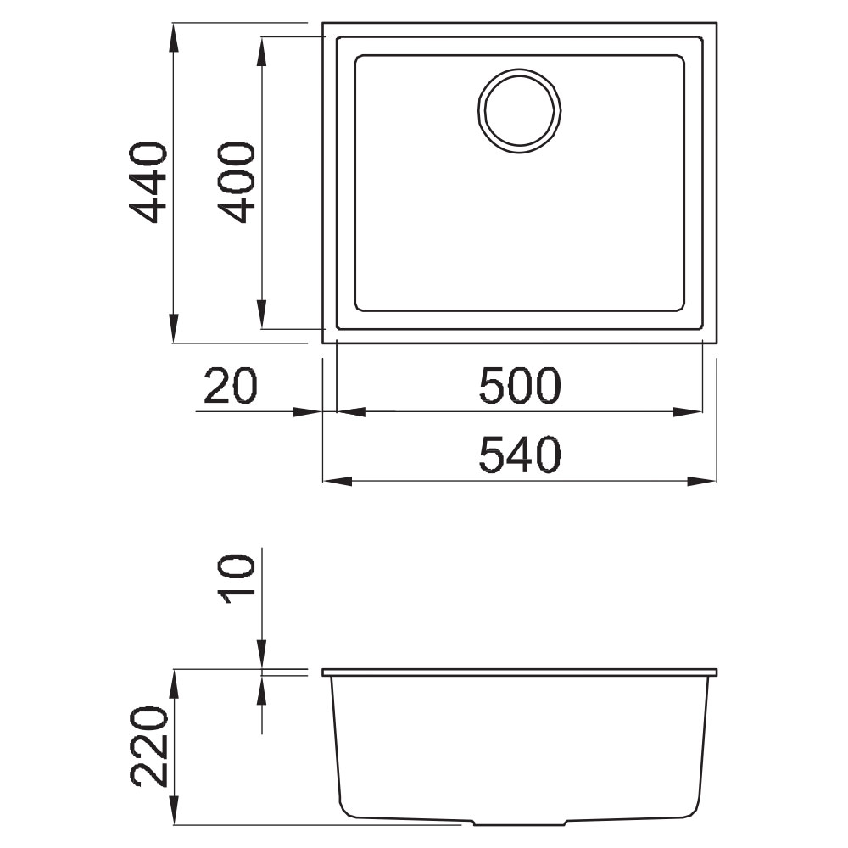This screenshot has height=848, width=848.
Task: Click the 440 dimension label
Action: [x=148, y=183]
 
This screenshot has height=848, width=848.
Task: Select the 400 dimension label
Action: [x=236, y=183]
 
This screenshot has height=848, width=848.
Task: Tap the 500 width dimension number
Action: [x=520, y=386]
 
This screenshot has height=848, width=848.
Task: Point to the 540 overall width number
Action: [x=520, y=455]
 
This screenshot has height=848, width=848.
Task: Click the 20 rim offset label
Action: [x=231, y=386]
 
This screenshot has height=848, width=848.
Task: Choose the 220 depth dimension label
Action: [x=148, y=745]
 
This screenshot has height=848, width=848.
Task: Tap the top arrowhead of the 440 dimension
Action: [x=173, y=38]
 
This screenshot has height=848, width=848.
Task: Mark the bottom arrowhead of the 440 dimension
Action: [x=173, y=327]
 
